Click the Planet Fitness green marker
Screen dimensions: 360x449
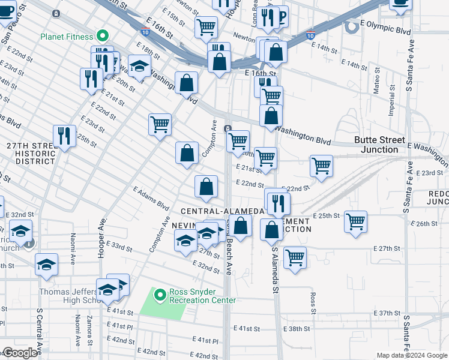coord(103,36)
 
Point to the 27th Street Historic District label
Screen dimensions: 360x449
coord(28,154)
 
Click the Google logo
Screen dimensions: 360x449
coord(20,353)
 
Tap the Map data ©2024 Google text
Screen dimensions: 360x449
coord(412,355)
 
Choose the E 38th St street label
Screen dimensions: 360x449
coord(298,328)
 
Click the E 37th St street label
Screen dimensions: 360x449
coord(385,313)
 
